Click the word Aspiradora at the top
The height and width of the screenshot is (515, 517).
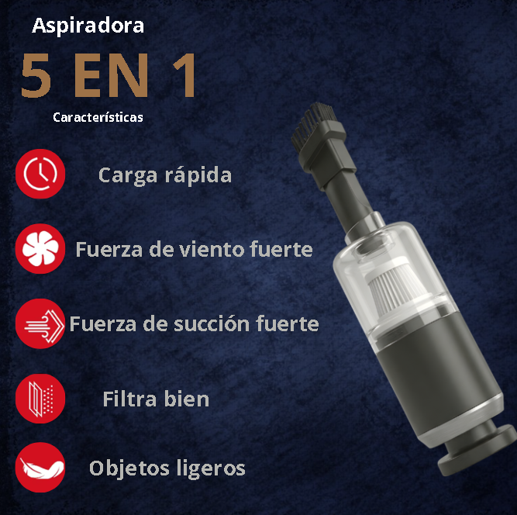coord(88,26)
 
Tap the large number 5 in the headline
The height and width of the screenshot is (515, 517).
coord(36,76)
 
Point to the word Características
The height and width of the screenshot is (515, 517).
coord(98,118)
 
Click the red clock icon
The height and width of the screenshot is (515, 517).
coord(40,175)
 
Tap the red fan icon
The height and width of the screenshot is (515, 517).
coord(40,250)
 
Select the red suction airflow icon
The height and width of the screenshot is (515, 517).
coord(40,323)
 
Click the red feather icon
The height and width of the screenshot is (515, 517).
coord(40,468)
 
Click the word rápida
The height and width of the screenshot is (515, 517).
coord(198,175)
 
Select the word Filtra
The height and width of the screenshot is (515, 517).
coord(129,399)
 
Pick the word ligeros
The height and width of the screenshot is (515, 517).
coord(209,469)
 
